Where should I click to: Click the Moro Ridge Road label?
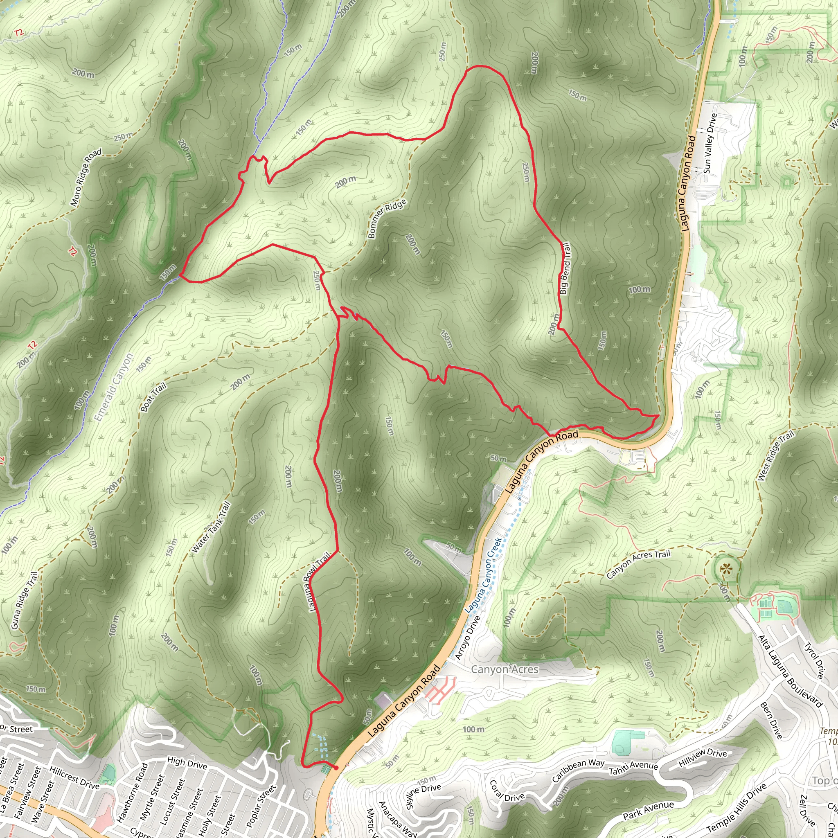tap(86, 177)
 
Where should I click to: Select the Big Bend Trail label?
tap(565, 268)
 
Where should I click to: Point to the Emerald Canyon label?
tap(114, 387)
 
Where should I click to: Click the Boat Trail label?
tap(153, 397)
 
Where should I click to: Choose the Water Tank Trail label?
tap(211, 527)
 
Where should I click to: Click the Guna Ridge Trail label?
tap(25, 600)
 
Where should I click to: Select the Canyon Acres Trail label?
tap(638, 564)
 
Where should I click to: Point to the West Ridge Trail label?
tap(775, 456)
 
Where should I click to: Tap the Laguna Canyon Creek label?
tap(483, 575)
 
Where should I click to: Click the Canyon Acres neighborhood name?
tap(505, 669)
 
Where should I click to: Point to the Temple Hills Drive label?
tap(736, 807)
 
